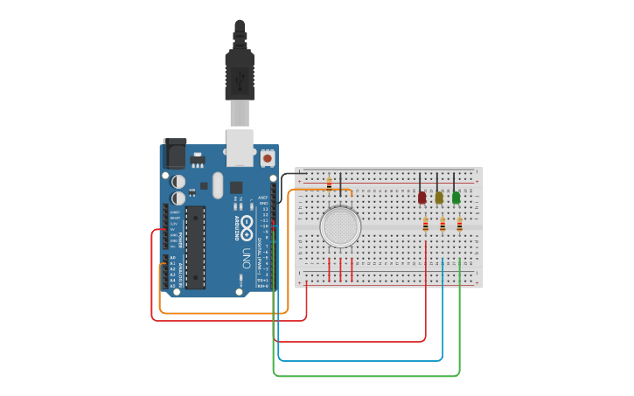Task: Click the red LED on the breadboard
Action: (x=422, y=198)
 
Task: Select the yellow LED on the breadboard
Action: (x=439, y=198)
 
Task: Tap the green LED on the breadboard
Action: (x=456, y=198)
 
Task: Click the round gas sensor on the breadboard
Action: (x=340, y=226)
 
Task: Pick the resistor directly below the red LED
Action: (x=426, y=226)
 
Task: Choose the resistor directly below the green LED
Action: (x=459, y=226)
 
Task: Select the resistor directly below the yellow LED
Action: (x=442, y=226)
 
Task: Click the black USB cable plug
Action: (x=239, y=74)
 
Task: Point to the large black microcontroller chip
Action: (x=195, y=247)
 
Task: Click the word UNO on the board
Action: (x=247, y=260)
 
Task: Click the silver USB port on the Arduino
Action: (x=240, y=147)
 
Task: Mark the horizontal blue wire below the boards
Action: (x=359, y=360)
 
